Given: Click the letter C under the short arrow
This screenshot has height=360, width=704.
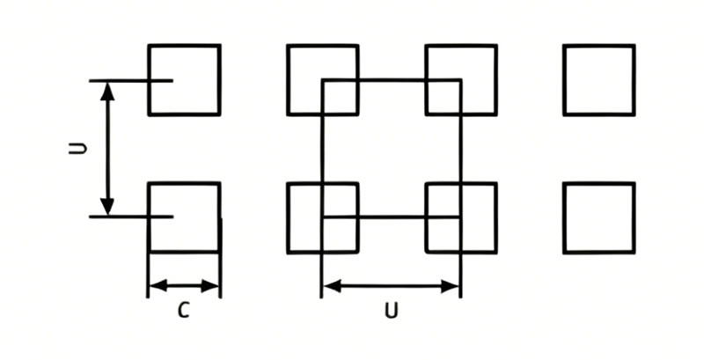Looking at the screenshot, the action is point(184,310).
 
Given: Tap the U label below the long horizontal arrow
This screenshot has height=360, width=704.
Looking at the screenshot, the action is point(392,311).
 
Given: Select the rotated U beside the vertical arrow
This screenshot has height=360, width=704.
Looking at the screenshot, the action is point(77,149).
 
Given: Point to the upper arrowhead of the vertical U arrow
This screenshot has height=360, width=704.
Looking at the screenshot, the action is point(106,92).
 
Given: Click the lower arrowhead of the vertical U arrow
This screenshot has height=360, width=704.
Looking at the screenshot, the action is point(106,206).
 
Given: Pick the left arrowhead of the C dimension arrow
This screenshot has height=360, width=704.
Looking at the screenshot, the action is point(158,285).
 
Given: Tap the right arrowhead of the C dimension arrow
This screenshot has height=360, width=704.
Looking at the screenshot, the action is point(209,285).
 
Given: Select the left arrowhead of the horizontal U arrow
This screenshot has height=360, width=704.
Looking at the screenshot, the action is point(333,286).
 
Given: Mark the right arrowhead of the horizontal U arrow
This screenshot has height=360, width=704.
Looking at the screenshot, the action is point(450,286).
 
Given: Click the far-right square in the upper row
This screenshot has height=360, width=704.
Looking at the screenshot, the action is point(599,45).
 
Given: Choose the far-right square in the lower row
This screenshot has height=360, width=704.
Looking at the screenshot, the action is point(599,183).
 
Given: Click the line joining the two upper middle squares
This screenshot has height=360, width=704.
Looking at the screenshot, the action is point(392,81).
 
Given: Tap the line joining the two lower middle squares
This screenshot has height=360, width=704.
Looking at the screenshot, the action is point(392,217).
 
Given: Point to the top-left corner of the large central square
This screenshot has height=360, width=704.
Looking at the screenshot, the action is point(322,81).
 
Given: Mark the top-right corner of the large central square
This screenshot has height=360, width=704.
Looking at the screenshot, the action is point(460,81).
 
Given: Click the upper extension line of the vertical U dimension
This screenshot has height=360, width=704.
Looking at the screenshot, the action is point(131,81).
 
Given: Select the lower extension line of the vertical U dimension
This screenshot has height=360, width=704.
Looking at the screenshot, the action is point(131,217).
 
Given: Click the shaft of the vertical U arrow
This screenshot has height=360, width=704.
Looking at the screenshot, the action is point(106,149).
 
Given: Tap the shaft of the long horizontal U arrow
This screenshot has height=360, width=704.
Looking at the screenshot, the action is point(391,286).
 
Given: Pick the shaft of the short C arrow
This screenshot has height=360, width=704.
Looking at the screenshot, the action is point(184,285).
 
